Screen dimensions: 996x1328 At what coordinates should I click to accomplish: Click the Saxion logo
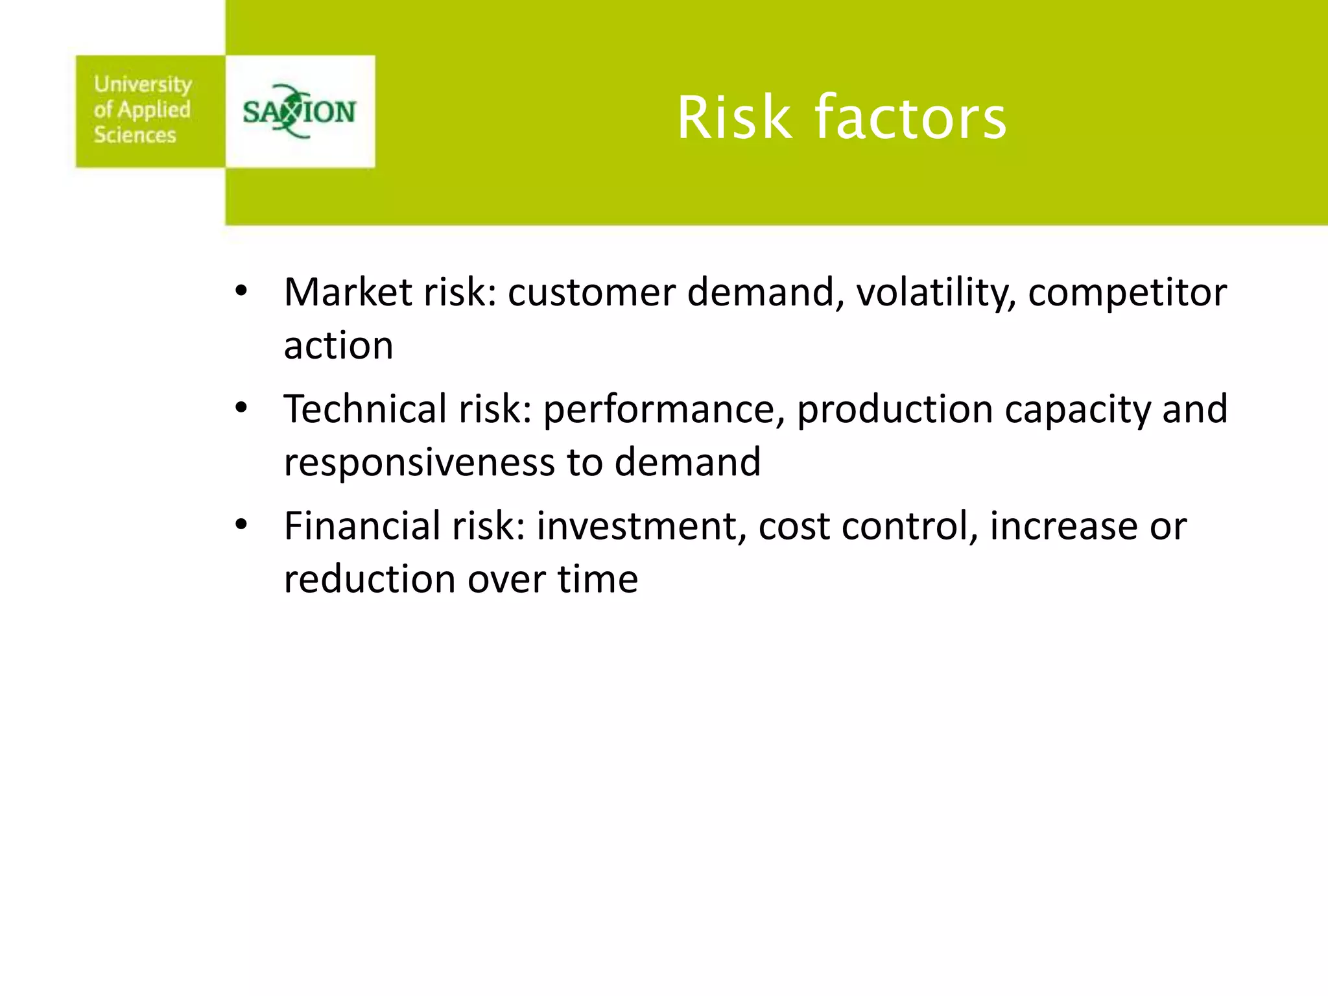tap(299, 112)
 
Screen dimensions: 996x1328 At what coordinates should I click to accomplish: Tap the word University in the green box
tap(143, 85)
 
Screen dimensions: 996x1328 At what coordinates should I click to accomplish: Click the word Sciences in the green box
tap(135, 135)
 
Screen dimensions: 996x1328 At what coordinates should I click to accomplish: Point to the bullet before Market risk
tap(241, 292)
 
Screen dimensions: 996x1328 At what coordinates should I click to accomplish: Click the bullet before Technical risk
tap(241, 409)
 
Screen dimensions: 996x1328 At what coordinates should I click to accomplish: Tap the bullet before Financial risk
tap(241, 525)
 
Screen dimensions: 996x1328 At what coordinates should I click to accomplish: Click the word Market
tap(348, 292)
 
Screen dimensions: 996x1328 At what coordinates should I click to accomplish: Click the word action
tap(338, 346)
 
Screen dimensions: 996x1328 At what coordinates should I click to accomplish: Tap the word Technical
tap(365, 409)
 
